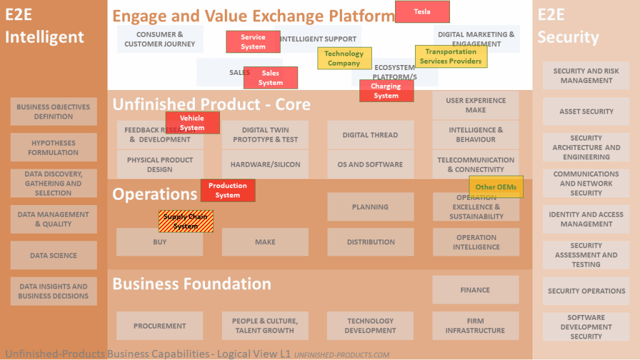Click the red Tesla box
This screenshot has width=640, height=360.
click(x=422, y=12)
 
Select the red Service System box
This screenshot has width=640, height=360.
click(x=253, y=42)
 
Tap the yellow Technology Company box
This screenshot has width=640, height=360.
click(x=344, y=58)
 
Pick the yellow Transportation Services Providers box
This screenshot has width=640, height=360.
click(x=451, y=56)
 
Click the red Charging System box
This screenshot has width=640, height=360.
click(x=386, y=91)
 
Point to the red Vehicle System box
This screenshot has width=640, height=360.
click(x=192, y=122)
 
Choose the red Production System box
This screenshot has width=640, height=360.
click(x=227, y=190)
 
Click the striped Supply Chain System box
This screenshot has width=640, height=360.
click(x=186, y=221)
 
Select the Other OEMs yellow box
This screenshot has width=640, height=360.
click(x=496, y=187)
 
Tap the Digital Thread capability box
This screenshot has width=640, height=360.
click(x=371, y=135)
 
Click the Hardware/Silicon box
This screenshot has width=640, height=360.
click(x=265, y=164)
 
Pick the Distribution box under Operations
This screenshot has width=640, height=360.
click(x=371, y=242)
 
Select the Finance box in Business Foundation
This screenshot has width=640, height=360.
click(x=476, y=290)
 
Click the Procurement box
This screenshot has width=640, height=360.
click(x=160, y=326)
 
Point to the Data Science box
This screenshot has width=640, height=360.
click(x=54, y=255)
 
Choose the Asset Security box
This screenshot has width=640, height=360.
click(x=586, y=111)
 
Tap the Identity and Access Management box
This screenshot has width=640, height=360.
click(x=586, y=219)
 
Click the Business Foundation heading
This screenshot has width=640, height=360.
click(x=192, y=284)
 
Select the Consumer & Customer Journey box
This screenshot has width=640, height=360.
click(x=160, y=39)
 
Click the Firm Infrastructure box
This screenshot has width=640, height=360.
click(x=476, y=326)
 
